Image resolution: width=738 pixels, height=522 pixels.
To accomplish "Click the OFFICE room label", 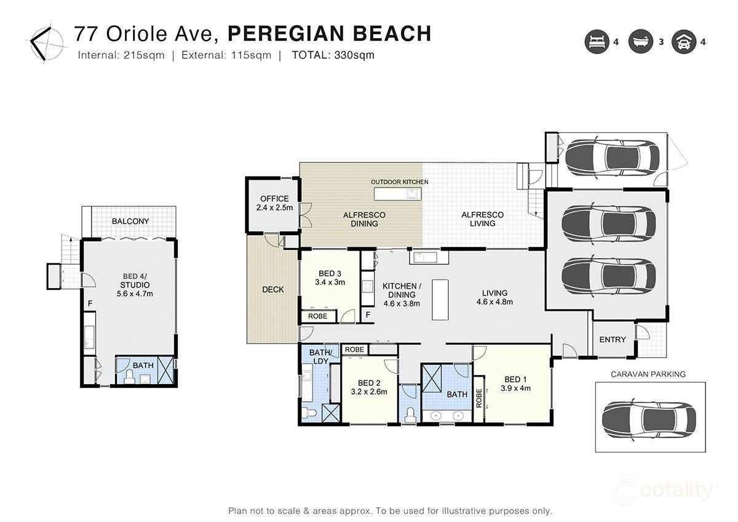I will pyautogui.click(x=274, y=199).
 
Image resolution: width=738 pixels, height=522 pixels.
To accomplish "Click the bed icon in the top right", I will pyautogui.click(x=596, y=42).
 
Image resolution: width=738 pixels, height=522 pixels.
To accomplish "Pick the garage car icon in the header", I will pyautogui.click(x=683, y=42).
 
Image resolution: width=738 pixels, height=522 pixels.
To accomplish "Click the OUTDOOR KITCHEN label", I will pyautogui.click(x=399, y=182).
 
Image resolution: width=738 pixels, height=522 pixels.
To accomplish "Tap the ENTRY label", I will pyautogui.click(x=613, y=339).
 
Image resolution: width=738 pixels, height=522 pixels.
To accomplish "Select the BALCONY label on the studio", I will pyautogui.click(x=130, y=221).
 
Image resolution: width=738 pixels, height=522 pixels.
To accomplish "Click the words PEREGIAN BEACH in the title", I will pyautogui.click(x=325, y=34).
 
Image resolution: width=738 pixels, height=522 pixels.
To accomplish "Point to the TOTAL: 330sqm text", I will pyautogui.click(x=333, y=55).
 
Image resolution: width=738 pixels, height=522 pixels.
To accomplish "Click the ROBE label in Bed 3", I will pyautogui.click(x=317, y=316).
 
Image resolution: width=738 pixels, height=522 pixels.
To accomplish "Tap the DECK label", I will pyautogui.click(x=272, y=289).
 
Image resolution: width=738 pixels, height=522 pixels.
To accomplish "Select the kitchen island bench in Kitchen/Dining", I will pyautogui.click(x=440, y=299).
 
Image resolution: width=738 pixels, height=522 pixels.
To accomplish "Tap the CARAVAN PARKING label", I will pyautogui.click(x=648, y=374).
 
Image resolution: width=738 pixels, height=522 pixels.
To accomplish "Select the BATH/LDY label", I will pyautogui.click(x=320, y=356).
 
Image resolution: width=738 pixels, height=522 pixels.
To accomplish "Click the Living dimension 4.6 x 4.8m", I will pyautogui.click(x=494, y=302).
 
